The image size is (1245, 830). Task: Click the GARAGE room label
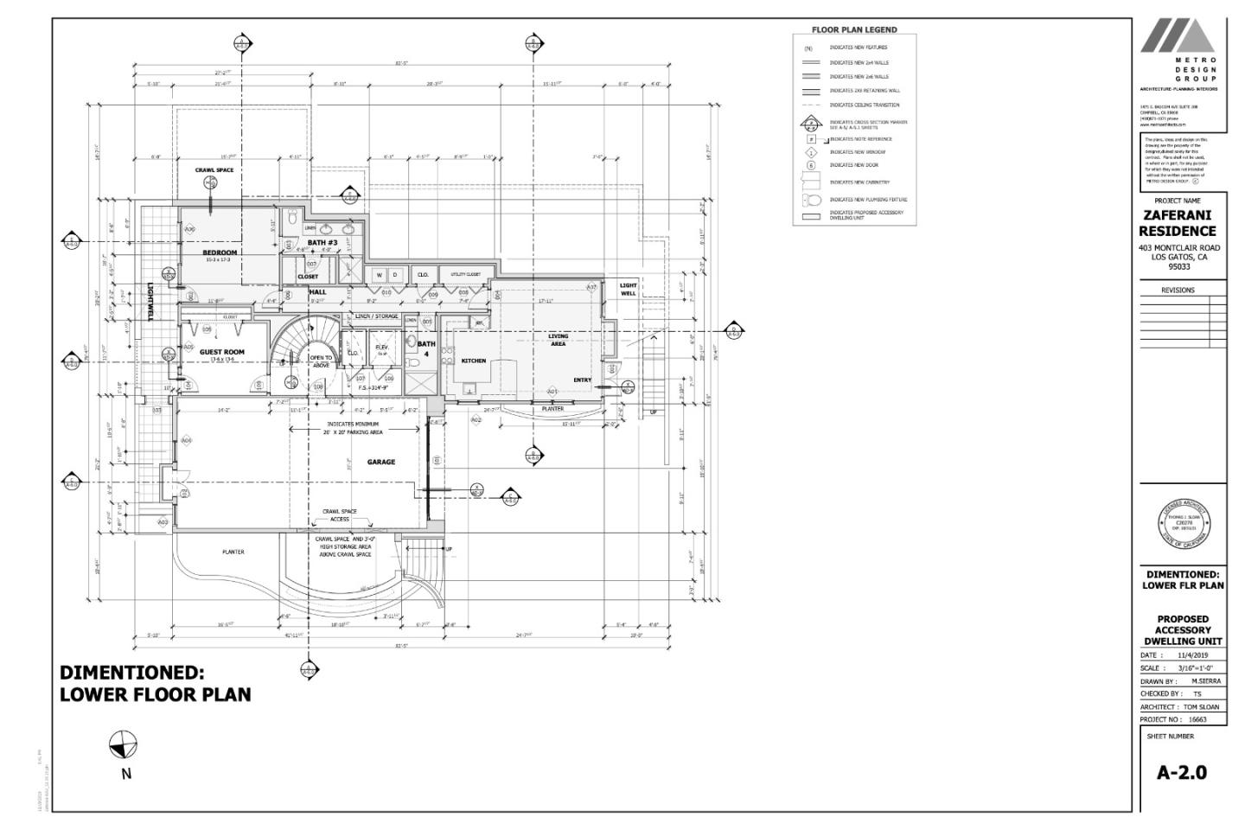380,462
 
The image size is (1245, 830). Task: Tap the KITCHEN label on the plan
473,361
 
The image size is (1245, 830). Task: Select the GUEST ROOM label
221,352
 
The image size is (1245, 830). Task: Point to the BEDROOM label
220,252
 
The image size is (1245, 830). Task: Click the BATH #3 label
322,243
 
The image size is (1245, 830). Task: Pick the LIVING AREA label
559,340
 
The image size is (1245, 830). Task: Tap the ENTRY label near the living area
582,380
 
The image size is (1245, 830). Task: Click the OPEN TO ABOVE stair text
321,361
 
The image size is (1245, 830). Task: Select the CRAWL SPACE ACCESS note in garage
339,515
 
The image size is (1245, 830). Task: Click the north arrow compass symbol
124,744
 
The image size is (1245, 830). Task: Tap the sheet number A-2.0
1181,772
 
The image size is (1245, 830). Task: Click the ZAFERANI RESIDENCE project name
1177,223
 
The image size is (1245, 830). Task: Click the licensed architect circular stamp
1183,525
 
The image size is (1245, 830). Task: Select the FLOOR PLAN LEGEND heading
853,29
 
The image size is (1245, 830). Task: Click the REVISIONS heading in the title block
1178,290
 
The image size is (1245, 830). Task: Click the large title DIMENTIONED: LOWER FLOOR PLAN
156,683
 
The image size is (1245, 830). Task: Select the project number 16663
1197,719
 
